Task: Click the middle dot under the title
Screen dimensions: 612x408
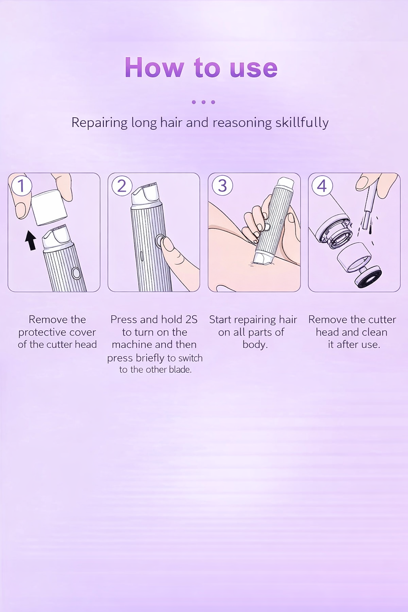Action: click(x=204, y=102)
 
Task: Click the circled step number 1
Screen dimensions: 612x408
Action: click(x=21, y=186)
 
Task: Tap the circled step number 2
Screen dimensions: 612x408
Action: click(x=122, y=186)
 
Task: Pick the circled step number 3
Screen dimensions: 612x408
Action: click(x=222, y=186)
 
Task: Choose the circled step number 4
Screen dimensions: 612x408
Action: click(x=322, y=186)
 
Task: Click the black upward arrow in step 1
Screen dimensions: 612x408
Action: click(x=30, y=241)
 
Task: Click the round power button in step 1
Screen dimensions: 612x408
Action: click(x=76, y=273)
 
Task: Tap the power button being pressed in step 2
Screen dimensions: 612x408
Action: click(x=160, y=241)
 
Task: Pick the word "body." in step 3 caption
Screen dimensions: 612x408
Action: click(x=255, y=345)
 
